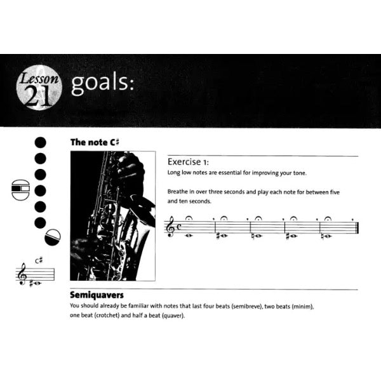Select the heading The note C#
pyautogui.click(x=95, y=142)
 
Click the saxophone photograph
pyautogui.click(x=112, y=215)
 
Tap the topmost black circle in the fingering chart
pyautogui.click(x=41, y=142)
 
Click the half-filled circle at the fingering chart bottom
pyautogui.click(x=53, y=238)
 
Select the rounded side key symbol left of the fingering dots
pyautogui.click(x=20, y=189)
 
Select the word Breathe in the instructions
pyautogui.click(x=179, y=190)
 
